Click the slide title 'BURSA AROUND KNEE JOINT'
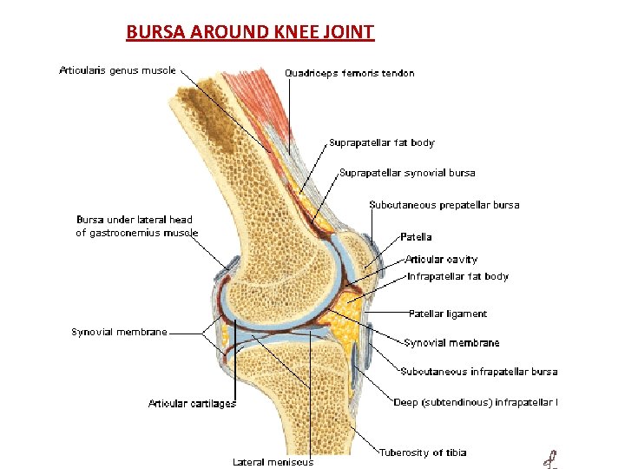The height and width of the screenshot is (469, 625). click(250, 33)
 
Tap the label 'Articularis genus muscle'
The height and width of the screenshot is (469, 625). click(117, 70)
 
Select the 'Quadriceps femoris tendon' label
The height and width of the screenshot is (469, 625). click(350, 73)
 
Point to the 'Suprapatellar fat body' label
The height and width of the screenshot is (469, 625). click(382, 142)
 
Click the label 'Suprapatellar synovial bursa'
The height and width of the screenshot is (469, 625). click(407, 173)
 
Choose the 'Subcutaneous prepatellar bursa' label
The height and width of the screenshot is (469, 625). click(444, 205)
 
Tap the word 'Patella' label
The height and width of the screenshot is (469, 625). click(416, 236)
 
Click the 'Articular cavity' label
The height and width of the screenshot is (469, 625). click(441, 259)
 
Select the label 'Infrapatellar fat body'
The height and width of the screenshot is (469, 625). click(457, 276)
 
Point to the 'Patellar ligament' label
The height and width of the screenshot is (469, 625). click(448, 314)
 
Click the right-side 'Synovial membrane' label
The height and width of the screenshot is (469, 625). click(451, 343)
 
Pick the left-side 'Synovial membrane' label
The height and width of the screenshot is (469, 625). click(119, 332)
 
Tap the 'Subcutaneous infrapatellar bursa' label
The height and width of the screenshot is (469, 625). click(479, 372)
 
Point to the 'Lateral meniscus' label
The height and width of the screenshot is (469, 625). click(273, 462)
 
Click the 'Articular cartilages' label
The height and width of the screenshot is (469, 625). click(192, 403)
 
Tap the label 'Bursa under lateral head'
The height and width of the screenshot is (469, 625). click(135, 220)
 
